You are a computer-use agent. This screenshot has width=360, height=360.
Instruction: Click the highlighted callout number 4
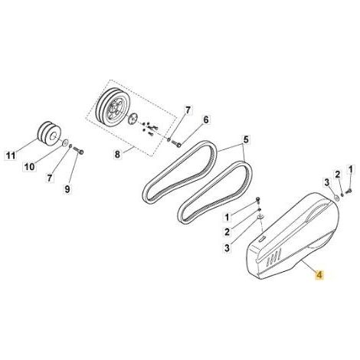click(319, 275)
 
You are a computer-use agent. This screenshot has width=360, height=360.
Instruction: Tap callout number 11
click(11, 155)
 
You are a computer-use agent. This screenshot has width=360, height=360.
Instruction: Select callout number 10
click(30, 167)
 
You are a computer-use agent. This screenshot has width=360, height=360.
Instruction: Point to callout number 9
click(67, 189)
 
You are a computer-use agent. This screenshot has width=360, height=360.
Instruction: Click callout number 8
click(117, 154)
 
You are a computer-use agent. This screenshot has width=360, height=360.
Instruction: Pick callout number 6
click(206, 119)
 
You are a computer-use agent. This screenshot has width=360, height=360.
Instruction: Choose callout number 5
click(245, 139)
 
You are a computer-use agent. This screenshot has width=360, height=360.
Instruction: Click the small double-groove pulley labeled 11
click(49, 133)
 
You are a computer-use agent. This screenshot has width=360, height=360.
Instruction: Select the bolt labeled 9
click(78, 151)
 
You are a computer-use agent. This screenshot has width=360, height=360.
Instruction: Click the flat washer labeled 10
click(65, 142)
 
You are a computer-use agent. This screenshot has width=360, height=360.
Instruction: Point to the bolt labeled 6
click(176, 144)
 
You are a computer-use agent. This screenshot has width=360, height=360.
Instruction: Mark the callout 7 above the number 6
click(188, 110)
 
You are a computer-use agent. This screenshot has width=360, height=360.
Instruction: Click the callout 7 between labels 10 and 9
click(50, 178)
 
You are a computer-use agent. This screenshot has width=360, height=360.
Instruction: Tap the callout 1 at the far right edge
click(351, 169)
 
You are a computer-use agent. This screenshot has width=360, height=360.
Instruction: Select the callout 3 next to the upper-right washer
click(326, 182)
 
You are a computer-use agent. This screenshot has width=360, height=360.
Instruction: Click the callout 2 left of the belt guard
click(227, 232)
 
